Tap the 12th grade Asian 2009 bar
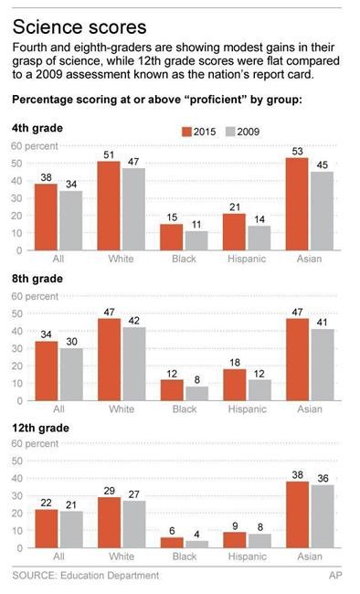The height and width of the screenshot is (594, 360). click(323, 519)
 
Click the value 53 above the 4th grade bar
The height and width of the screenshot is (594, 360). click(296, 150)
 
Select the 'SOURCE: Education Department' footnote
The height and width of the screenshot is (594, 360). click(85, 576)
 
